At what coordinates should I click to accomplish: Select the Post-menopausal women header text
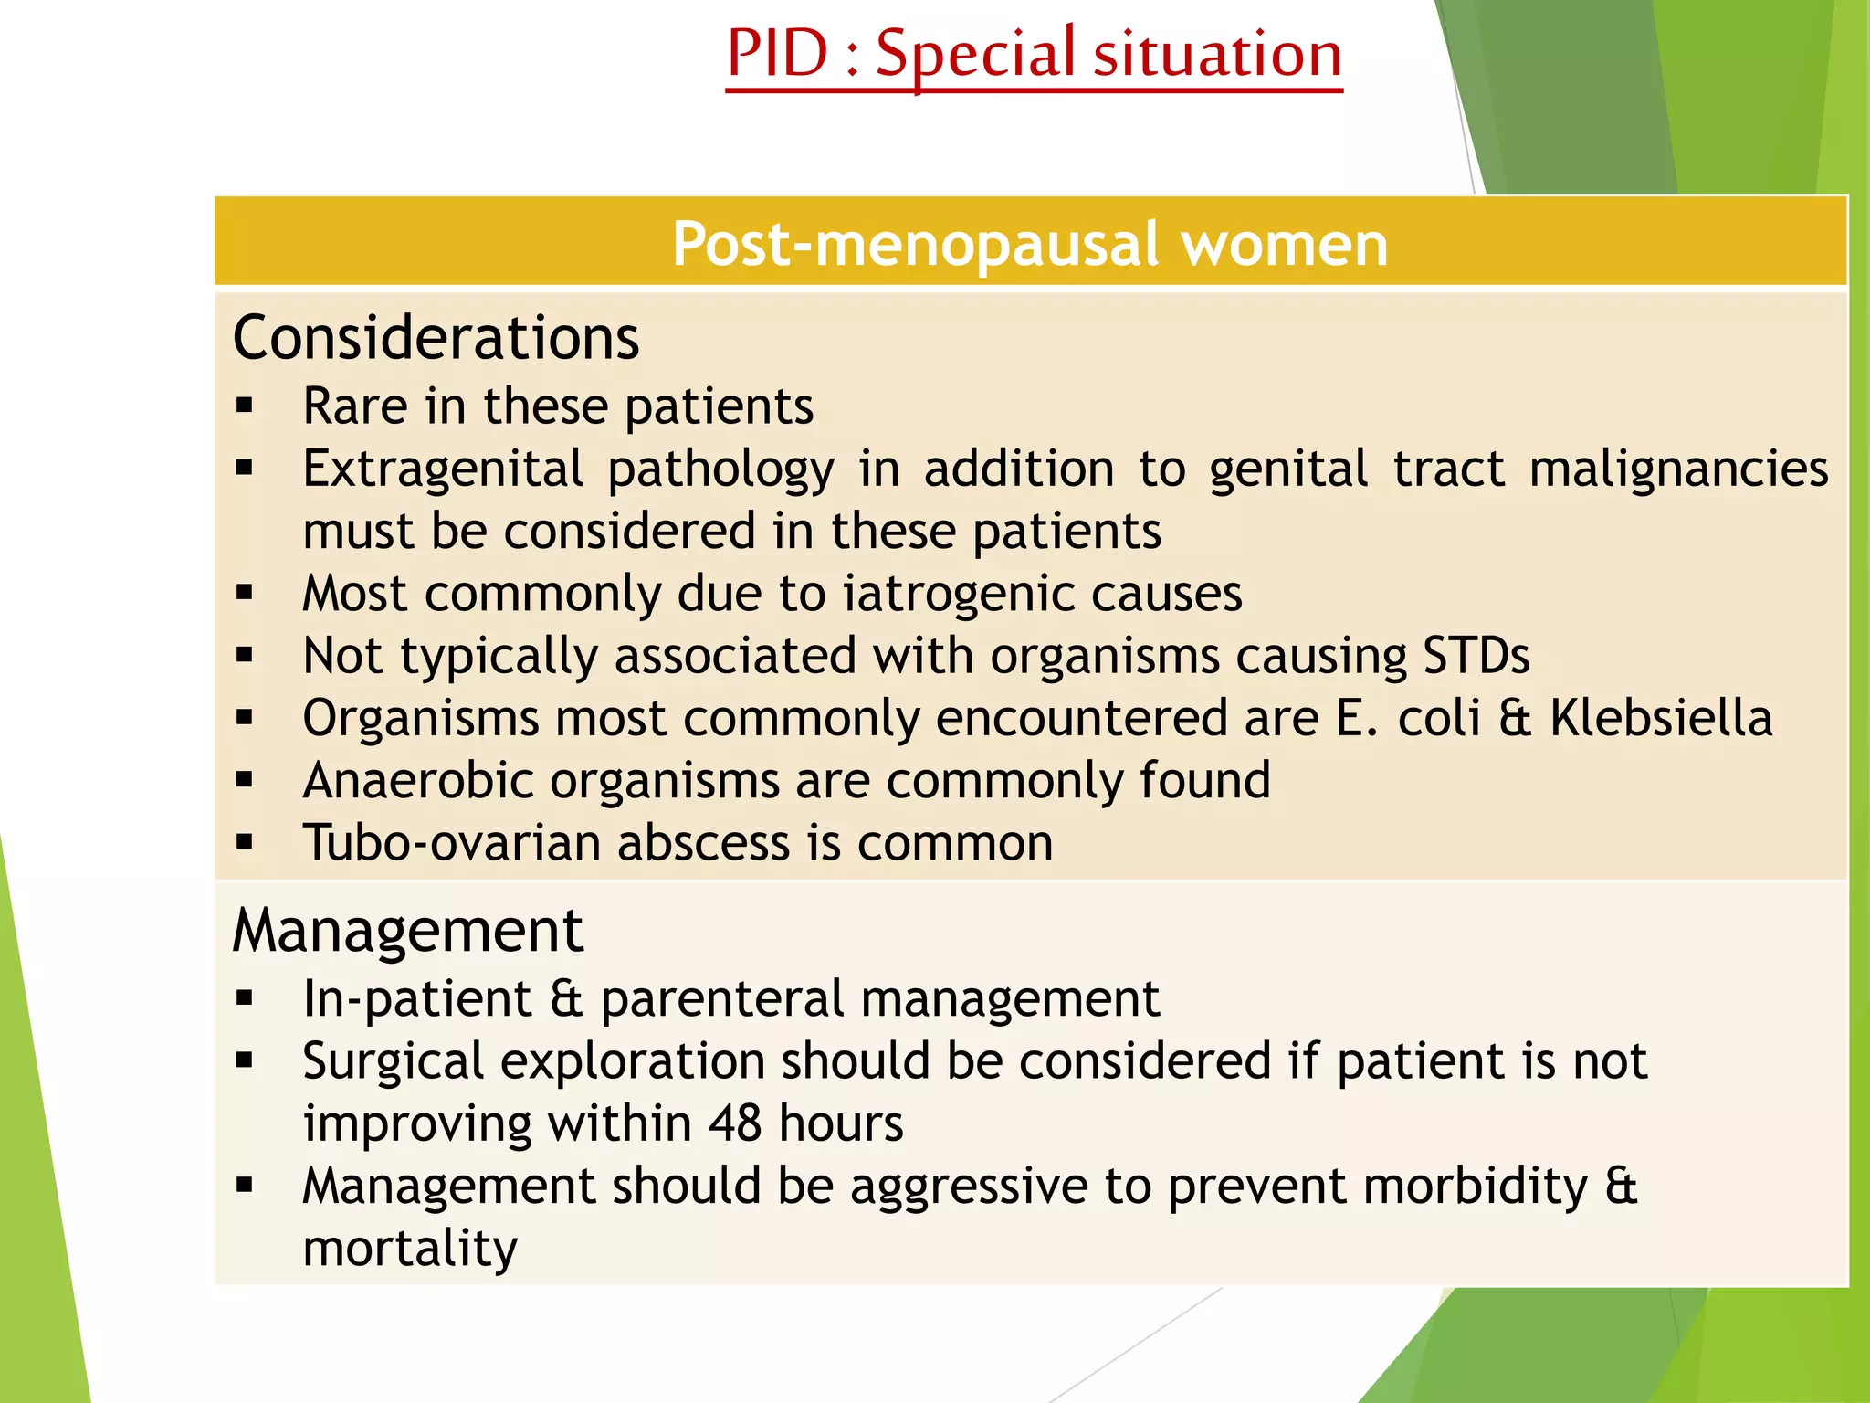[1030, 244]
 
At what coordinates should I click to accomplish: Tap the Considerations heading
[436, 338]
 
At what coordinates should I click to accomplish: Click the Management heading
[407, 931]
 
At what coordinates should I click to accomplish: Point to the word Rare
[355, 406]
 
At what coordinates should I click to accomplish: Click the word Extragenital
[443, 469]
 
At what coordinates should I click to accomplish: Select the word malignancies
[1678, 469]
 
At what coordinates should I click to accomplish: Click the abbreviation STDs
[1476, 656]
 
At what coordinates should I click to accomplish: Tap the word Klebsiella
[1661, 718]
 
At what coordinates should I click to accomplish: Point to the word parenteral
[721, 998]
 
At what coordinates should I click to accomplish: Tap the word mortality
[410, 1249]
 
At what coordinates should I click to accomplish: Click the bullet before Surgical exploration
[244, 1061]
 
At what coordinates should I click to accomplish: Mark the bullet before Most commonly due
[244, 594]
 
